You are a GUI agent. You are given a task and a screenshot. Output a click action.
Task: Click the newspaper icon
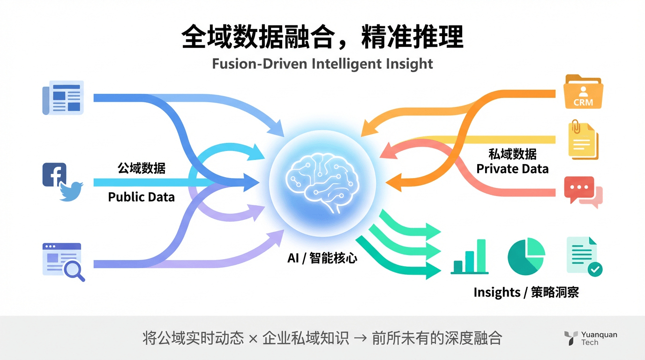click(63, 97)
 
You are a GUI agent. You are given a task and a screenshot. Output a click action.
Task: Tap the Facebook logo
click(54, 174)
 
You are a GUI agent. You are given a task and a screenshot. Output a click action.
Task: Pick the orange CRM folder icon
click(583, 91)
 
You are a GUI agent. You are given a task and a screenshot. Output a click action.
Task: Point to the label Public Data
click(141, 197)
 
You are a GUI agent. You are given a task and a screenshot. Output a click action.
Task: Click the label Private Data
click(512, 169)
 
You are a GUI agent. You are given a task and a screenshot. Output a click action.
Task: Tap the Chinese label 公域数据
click(141, 168)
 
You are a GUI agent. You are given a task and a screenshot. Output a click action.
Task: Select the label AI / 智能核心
click(322, 258)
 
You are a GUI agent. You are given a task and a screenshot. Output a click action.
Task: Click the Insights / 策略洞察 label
click(526, 292)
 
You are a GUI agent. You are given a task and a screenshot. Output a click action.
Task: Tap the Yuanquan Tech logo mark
click(570, 338)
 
